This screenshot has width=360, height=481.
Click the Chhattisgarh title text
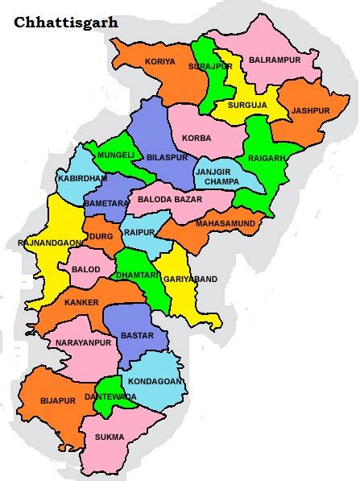[x=66, y=23]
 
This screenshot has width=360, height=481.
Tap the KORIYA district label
[x=159, y=62]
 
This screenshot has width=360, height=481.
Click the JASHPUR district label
[x=311, y=110]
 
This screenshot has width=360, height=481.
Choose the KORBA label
[x=197, y=138]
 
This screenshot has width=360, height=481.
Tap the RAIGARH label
[x=267, y=158]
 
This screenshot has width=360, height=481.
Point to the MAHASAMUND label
[x=226, y=222]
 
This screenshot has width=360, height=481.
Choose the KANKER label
[x=81, y=302]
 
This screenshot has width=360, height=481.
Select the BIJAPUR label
[x=57, y=400]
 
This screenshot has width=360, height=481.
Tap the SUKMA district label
[x=110, y=437]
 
